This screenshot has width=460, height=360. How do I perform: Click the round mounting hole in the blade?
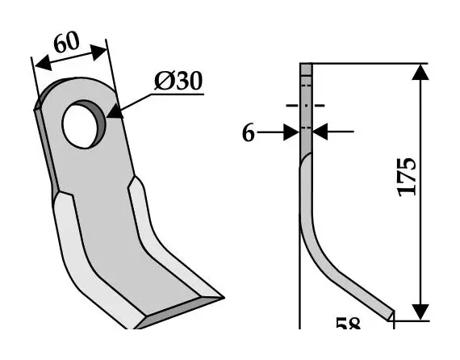(84, 123)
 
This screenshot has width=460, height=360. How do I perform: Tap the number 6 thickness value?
(249, 133)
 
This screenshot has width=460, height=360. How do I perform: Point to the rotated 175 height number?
(407, 174)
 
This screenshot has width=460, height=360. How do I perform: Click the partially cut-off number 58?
(349, 324)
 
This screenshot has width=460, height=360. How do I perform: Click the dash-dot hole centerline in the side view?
(306, 105)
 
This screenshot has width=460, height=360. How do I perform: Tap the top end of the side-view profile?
(306, 65)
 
